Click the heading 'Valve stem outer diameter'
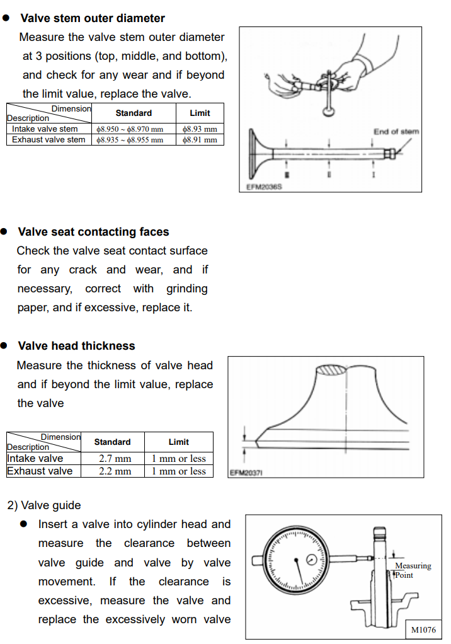pyautogui.click(x=92, y=18)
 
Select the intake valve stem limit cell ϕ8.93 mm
pyautogui.click(x=199, y=129)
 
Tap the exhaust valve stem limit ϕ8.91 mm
pyautogui.click(x=199, y=140)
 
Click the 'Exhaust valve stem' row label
pyautogui.click(x=49, y=140)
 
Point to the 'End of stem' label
pyautogui.click(x=396, y=132)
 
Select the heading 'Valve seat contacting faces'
pyautogui.click(x=93, y=232)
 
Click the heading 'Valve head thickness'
pyautogui.click(x=76, y=346)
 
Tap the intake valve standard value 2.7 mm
pyautogui.click(x=115, y=459)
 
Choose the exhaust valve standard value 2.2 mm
pyautogui.click(x=115, y=471)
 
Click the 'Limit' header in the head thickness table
pyautogui.click(x=179, y=442)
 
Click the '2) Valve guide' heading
pyautogui.click(x=44, y=505)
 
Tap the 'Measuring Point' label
pyautogui.click(x=412, y=570)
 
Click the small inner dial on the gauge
pyautogui.click(x=312, y=560)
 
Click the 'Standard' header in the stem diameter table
pyautogui.click(x=134, y=113)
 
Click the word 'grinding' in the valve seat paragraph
pyautogui.click(x=186, y=289)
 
